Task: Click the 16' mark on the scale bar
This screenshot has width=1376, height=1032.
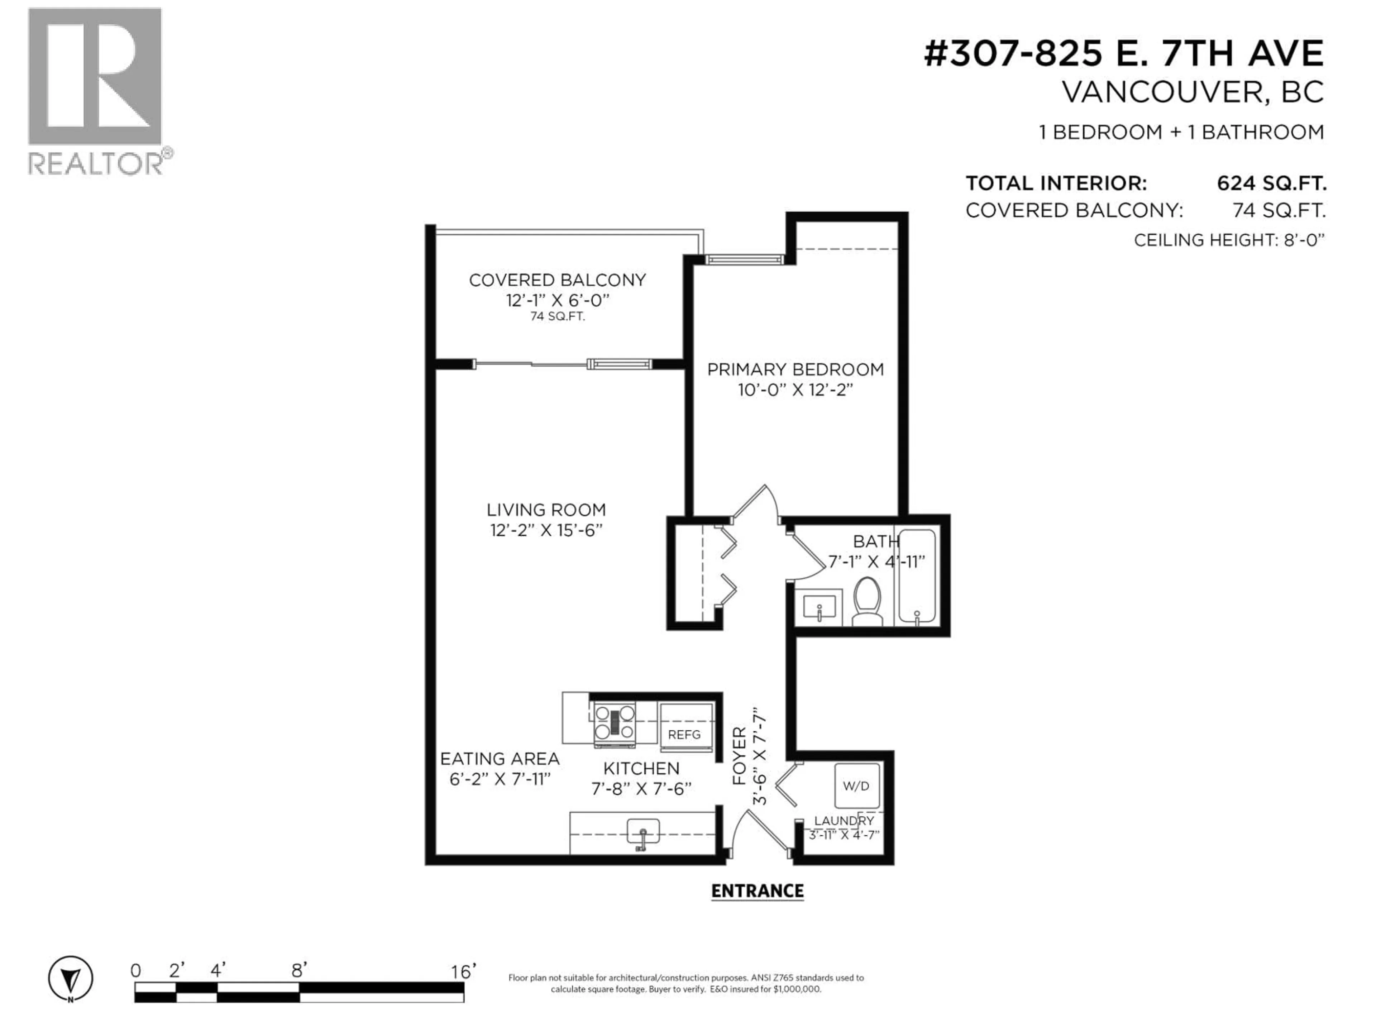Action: (463, 971)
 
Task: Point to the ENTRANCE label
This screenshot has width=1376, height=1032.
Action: (757, 891)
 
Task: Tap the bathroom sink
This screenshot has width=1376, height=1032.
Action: (819, 607)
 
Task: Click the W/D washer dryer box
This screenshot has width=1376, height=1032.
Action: (856, 786)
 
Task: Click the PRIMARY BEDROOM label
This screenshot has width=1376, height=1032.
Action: (795, 369)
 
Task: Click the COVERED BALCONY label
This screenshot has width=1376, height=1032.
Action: (557, 280)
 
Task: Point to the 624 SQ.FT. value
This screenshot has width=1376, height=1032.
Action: (1271, 183)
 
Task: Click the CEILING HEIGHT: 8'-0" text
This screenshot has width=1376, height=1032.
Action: (1229, 240)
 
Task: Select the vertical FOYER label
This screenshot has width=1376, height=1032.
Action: (739, 756)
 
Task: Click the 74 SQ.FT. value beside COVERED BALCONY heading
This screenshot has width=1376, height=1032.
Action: (1279, 211)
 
